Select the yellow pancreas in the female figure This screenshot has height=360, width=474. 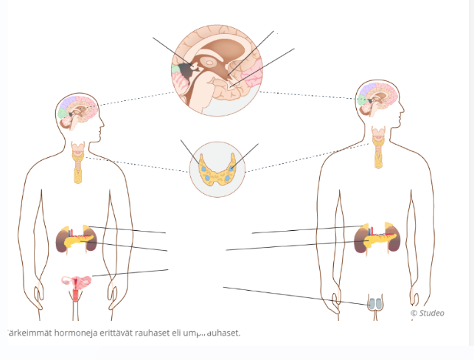[77, 240]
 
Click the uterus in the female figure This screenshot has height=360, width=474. [78, 282]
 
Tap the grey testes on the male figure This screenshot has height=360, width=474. [376, 302]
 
